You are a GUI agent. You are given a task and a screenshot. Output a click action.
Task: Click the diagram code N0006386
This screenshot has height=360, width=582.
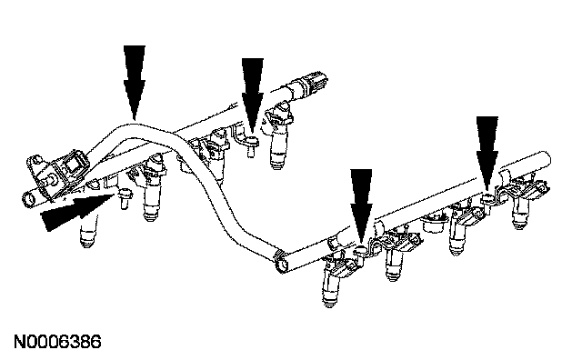pyautogui.click(x=57, y=342)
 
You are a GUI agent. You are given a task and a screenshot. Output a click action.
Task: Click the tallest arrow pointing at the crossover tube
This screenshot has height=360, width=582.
pyautogui.click(x=135, y=83)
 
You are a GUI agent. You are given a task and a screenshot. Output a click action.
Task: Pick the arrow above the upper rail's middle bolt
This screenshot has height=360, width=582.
pyautogui.click(x=253, y=95)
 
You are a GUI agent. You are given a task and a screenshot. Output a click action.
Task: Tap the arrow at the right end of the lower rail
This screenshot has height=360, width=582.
pyautogui.click(x=487, y=154)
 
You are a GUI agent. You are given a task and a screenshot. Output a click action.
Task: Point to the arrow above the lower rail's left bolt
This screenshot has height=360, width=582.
pyautogui.click(x=361, y=206)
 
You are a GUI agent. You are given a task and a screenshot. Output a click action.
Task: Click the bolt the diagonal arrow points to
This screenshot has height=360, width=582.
pyautogui.click(x=124, y=198)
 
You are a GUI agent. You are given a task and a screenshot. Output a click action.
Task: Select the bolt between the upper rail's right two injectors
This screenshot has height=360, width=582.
pyautogui.click(x=252, y=146)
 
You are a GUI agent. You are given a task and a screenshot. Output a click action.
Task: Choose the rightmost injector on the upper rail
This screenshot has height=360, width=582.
pyautogui.click(x=278, y=136)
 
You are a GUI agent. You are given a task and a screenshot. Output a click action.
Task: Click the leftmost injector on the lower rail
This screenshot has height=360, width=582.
pyautogui.click(x=331, y=279)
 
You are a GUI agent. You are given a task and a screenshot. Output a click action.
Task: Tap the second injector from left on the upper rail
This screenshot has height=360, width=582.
pyautogui.click(x=152, y=188)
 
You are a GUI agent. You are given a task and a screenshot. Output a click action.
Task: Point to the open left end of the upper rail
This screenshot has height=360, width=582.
pyautogui.click(x=29, y=200)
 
